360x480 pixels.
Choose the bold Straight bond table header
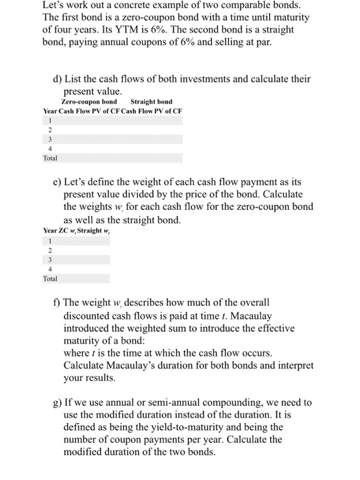coord(152,101)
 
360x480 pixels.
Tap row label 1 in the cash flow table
coord(49,119)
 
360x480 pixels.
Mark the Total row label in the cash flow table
coord(50,158)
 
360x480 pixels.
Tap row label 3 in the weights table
coord(49,260)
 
